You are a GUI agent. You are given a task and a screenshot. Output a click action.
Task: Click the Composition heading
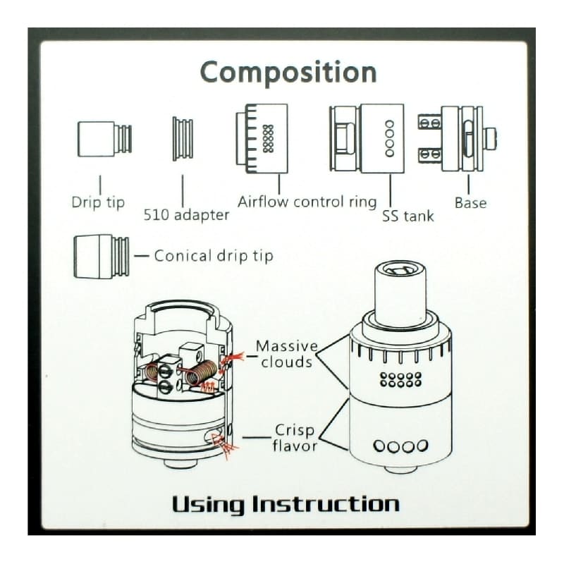click(x=288, y=73)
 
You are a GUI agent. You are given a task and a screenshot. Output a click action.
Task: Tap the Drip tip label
click(x=98, y=202)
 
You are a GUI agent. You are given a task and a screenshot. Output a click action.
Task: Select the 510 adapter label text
click(x=186, y=215)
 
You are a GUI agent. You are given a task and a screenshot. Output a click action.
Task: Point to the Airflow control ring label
click(x=307, y=202)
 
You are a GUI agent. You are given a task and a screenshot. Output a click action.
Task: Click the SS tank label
click(x=408, y=216)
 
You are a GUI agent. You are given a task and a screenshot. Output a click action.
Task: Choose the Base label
click(x=470, y=203)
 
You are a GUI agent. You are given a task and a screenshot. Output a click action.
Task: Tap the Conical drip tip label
click(x=214, y=256)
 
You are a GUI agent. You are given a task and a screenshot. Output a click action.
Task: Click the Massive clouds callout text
click(x=287, y=354)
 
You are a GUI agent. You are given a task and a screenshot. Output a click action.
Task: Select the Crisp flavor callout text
click(x=295, y=438)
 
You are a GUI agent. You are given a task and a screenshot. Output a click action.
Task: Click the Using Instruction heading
click(x=286, y=504)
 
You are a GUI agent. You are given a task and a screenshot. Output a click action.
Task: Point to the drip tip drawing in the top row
click(x=104, y=139)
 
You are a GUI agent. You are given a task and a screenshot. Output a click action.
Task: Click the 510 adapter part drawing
click(x=183, y=138)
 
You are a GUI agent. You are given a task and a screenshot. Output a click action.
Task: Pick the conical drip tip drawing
click(x=102, y=256)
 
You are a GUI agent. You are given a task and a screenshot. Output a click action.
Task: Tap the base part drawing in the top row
click(x=457, y=138)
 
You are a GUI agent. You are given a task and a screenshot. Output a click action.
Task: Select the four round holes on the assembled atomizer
click(x=400, y=446)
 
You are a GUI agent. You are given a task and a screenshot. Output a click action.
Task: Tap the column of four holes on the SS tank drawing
click(x=389, y=138)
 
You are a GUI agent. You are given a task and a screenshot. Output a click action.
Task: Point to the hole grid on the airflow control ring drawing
click(x=269, y=138)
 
